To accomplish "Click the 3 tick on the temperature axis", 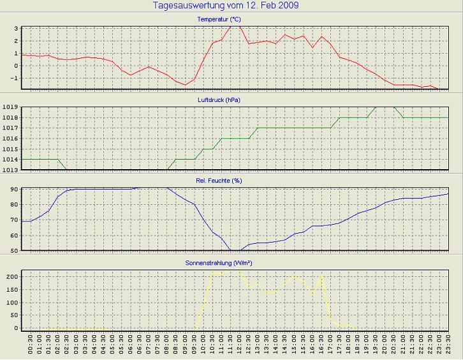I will pos(15,29).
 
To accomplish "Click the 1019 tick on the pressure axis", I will pos(10,107).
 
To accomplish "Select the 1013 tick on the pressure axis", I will pos(10,169).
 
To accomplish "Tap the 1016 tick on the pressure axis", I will pos(10,139).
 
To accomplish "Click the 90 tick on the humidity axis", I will pos(13,190).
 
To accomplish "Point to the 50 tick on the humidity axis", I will pos(13,250).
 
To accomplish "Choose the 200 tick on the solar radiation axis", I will pos(11,277).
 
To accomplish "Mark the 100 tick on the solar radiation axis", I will pos(11,303).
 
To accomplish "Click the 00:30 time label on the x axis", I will pos(31,347).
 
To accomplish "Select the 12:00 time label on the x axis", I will pos(240,347).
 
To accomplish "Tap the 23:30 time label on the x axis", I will pos(449,347).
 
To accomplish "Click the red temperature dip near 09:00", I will pos(186,84).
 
